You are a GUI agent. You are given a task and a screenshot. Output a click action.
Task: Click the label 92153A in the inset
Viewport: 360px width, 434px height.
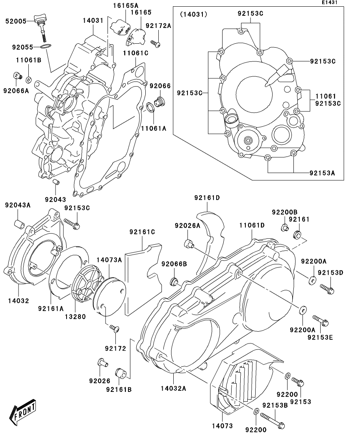(322, 173)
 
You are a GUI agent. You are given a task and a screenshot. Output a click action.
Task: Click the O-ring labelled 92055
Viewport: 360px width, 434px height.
(45, 47)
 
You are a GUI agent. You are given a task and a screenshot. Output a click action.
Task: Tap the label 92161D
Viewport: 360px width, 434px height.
(207, 198)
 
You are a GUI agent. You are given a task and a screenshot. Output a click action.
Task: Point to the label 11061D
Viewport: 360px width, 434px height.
(252, 225)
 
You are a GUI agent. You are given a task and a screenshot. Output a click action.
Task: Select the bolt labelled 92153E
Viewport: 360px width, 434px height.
(321, 320)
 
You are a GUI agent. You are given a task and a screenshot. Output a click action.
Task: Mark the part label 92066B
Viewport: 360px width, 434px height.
(174, 264)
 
